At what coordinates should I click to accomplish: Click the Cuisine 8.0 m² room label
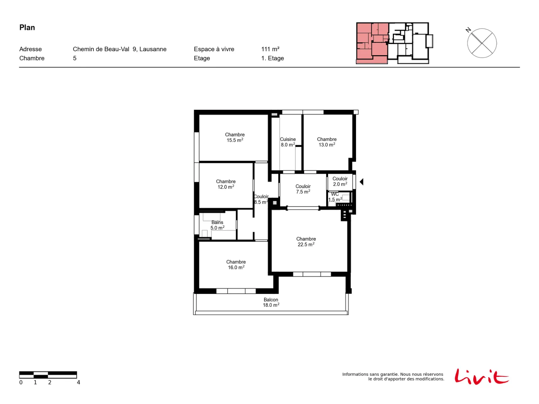coord(288,142)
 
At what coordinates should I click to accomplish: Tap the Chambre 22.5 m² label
coord(306,242)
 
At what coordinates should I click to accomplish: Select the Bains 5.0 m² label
coord(217,225)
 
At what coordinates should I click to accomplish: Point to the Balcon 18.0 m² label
coord(271,302)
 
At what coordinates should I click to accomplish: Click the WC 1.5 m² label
coord(335,197)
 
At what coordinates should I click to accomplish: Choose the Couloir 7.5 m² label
coord(303,189)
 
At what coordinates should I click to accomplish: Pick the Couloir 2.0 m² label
coord(340,181)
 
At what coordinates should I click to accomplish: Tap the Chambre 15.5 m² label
coord(235,137)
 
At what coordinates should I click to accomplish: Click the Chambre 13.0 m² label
coord(326,142)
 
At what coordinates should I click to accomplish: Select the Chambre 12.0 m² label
coord(226,184)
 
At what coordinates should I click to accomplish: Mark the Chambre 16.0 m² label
coord(236,264)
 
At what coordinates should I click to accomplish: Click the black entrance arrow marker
coord(361,182)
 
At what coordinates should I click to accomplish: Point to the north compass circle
coord(482,43)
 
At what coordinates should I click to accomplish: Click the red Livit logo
coord(481,377)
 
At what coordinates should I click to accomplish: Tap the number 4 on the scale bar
coord(78,382)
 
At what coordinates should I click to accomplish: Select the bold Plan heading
coord(27,28)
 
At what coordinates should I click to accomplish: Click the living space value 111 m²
coord(270,49)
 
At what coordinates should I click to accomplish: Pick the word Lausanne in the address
coord(153,49)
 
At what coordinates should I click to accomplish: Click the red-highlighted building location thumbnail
coord(372,43)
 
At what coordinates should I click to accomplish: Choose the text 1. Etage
coord(272,58)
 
